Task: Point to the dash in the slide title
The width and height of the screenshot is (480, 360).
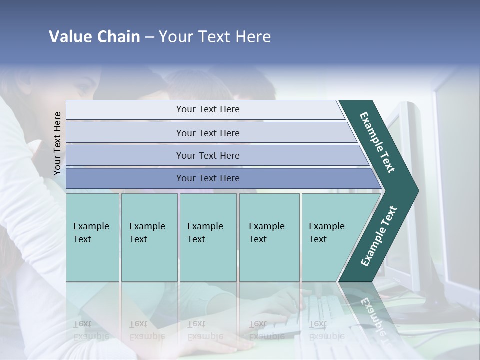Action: point(149,37)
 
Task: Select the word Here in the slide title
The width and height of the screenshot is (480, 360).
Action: point(253,37)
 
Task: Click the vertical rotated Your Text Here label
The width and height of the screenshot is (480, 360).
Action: point(57,143)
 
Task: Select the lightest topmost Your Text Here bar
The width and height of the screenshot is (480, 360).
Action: point(207,109)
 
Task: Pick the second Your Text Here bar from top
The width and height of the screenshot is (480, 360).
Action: point(207,133)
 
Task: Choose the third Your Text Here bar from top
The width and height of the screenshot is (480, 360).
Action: point(207,155)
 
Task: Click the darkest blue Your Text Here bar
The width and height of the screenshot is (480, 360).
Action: point(207,178)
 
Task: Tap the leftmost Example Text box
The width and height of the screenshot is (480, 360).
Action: point(92,237)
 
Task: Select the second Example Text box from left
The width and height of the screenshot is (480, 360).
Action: point(149,237)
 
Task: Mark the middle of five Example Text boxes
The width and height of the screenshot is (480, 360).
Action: point(207,237)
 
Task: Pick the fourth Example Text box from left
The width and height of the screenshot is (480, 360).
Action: point(269,237)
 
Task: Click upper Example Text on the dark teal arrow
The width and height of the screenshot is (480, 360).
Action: point(377,142)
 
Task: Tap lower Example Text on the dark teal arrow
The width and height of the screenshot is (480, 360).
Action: point(378,236)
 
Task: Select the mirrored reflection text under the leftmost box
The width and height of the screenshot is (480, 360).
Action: point(91,330)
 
